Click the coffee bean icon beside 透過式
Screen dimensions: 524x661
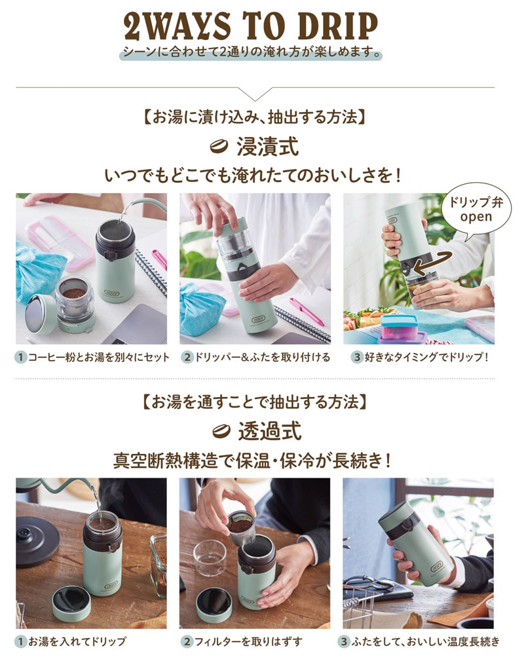(x=221, y=431)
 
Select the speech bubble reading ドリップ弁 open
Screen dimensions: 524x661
(x=476, y=210)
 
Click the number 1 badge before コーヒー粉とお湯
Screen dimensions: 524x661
(x=20, y=358)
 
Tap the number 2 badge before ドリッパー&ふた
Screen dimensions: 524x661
(x=187, y=358)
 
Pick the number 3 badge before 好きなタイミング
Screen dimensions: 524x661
(x=357, y=358)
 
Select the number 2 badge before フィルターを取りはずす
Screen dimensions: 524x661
(x=187, y=642)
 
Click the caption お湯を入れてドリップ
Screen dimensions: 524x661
(x=77, y=642)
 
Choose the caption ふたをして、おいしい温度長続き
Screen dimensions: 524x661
(x=425, y=642)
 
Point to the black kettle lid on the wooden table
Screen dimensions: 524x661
(x=37, y=535)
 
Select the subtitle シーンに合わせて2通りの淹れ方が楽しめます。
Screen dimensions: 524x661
(x=251, y=52)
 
